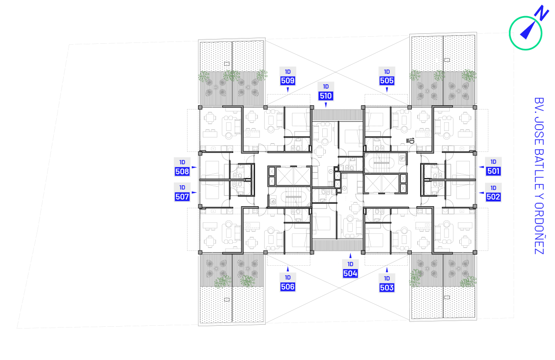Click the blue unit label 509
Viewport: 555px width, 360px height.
coord(287,80)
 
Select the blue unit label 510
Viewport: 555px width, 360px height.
coord(326,96)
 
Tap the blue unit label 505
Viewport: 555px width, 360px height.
coord(387,80)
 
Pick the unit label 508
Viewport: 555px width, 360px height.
coord(182,172)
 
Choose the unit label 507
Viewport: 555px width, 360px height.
coord(182,197)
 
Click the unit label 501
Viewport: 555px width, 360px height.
coord(493,171)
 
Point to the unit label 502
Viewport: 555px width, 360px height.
coord(493,197)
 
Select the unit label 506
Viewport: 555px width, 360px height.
coord(287,287)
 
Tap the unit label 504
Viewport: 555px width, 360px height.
coord(350,273)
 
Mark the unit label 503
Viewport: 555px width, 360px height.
coord(387,288)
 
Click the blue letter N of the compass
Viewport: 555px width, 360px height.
coord(542,13)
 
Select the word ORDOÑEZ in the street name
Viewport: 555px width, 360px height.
coord(539,228)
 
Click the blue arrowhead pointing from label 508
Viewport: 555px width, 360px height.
coord(194,167)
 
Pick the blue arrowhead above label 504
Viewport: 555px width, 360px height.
coord(350,256)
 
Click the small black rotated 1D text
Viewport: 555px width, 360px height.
coord(411,140)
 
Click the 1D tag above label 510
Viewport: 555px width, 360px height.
coord(326,87)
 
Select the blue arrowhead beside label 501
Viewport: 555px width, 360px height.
coord(481,167)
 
